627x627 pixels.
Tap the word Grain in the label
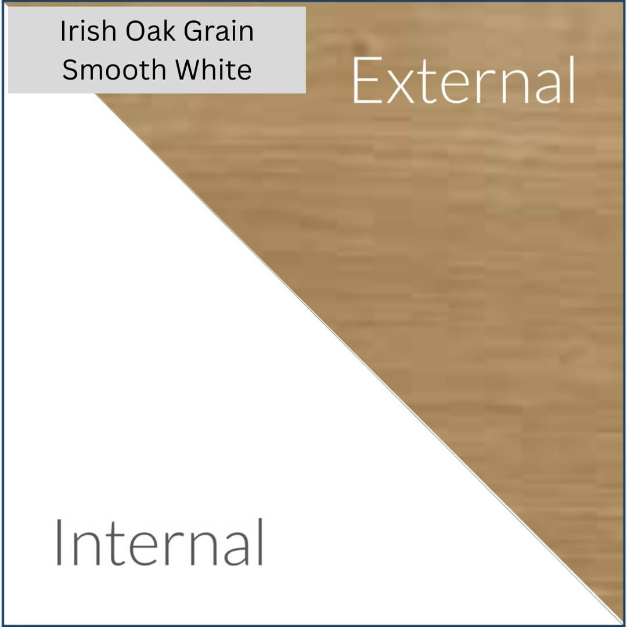(219, 31)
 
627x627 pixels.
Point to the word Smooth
(114, 70)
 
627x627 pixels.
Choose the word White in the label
(214, 70)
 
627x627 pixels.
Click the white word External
(464, 80)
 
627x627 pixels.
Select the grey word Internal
(160, 542)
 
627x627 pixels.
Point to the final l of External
(572, 80)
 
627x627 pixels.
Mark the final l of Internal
(260, 542)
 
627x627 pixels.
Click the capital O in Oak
(135, 31)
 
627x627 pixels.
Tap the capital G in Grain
(194, 31)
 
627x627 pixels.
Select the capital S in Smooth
(70, 70)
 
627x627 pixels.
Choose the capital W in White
(188, 70)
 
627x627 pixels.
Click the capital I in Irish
(63, 31)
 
